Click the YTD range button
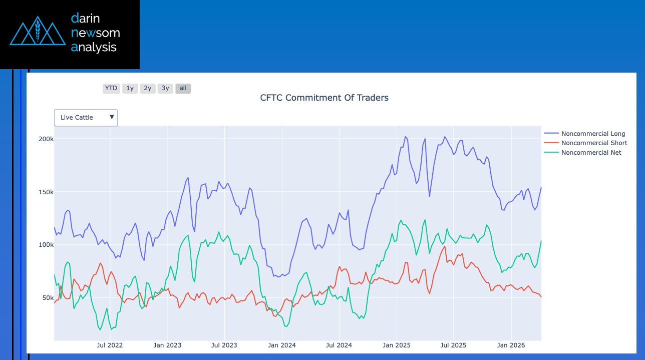tap(111, 88)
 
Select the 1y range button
tap(130, 88)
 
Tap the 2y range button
tap(147, 88)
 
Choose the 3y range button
tap(165, 88)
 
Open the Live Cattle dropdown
tap(86, 118)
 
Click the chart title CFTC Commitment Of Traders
tap(324, 98)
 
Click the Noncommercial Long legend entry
tap(593, 134)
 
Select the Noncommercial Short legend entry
tap(594, 143)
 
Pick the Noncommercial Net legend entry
tap(591, 153)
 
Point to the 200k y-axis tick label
tap(46, 139)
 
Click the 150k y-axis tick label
tap(46, 192)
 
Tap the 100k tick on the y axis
tap(46, 245)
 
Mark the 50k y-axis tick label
tap(47, 298)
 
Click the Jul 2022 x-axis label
tap(110, 345)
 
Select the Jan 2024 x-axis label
tap(282, 345)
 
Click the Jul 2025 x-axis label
tap(454, 345)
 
